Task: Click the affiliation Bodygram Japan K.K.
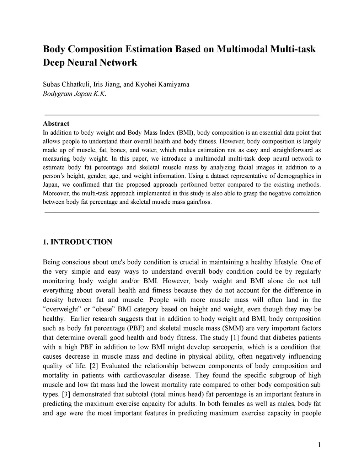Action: [x=75, y=94]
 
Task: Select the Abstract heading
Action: [x=56, y=124]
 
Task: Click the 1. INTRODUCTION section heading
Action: [x=77, y=242]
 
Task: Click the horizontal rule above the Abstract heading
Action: [x=181, y=115]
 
